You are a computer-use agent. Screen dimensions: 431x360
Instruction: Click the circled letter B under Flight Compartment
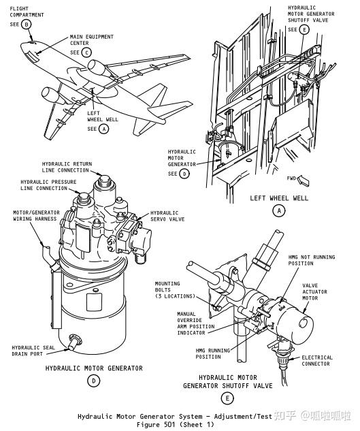click(27, 25)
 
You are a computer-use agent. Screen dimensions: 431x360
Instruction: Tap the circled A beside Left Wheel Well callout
click(103, 128)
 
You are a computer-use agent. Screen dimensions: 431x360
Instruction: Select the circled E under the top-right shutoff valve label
click(304, 29)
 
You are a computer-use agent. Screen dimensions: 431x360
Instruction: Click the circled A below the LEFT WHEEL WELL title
click(278, 211)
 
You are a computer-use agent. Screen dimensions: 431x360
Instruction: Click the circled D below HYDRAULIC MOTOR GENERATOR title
click(94, 382)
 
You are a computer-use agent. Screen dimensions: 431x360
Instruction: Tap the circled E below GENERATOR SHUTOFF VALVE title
click(227, 399)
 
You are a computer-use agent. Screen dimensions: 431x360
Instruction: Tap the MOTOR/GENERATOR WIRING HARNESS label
click(36, 216)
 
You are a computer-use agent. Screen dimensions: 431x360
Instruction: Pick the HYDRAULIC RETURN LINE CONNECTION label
click(65, 167)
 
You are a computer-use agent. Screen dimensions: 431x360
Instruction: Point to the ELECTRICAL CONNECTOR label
click(316, 360)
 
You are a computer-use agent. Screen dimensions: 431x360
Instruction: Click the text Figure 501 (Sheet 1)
click(175, 424)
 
